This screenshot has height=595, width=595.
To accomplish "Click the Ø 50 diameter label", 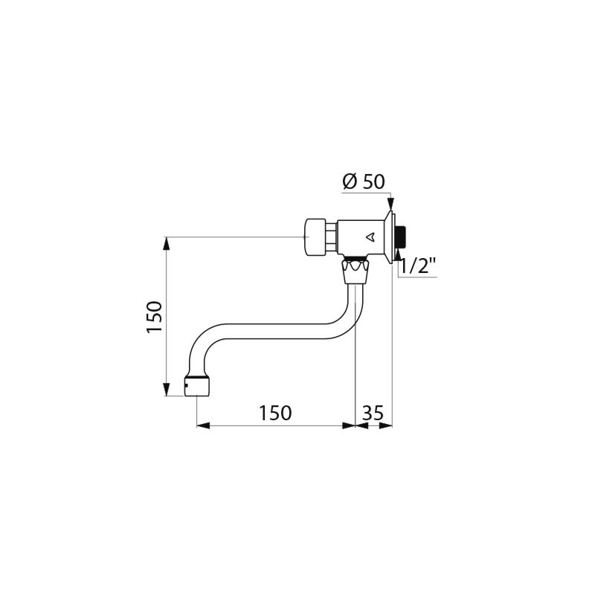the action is [364, 181].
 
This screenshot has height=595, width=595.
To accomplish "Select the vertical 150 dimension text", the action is [154, 317].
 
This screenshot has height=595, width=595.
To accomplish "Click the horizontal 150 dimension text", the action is [275, 413].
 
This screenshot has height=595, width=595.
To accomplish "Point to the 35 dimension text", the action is [373, 413].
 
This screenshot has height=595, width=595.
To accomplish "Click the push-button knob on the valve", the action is [315, 237].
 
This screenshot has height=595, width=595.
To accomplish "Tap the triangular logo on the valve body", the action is [370, 237].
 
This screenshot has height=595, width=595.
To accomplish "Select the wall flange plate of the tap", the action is [390, 237].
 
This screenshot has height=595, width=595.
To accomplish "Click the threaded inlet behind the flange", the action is [401, 237].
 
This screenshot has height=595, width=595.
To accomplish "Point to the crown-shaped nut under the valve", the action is [356, 271].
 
